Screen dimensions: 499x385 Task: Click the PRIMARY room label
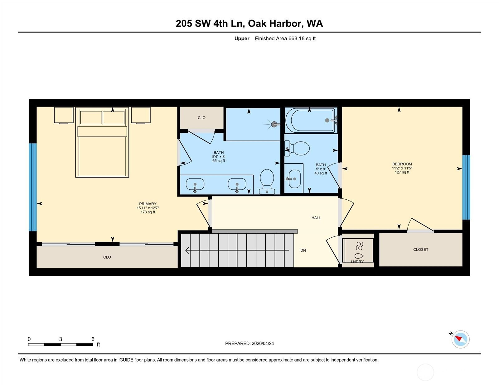click(x=148, y=204)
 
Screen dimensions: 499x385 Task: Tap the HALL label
click(x=316, y=218)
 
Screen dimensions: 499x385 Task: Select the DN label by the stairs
click(x=303, y=250)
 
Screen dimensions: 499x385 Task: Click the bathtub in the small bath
click(x=311, y=120)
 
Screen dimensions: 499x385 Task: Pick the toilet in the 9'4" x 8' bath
click(x=267, y=182)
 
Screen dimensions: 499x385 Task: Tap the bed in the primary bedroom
click(x=102, y=142)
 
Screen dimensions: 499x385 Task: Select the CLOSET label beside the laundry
click(x=420, y=250)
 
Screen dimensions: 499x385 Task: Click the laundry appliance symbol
click(x=358, y=250)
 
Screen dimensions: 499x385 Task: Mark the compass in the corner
click(x=460, y=340)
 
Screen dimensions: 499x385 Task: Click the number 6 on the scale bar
click(x=93, y=339)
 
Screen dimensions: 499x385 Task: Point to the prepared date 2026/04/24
click(x=263, y=344)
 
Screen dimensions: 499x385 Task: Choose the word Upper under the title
click(x=242, y=39)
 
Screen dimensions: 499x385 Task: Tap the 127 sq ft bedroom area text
click(x=402, y=172)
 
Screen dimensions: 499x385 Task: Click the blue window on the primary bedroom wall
click(x=33, y=187)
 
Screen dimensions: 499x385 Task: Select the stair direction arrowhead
click(x=187, y=250)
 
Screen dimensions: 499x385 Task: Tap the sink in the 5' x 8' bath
click(x=294, y=178)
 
